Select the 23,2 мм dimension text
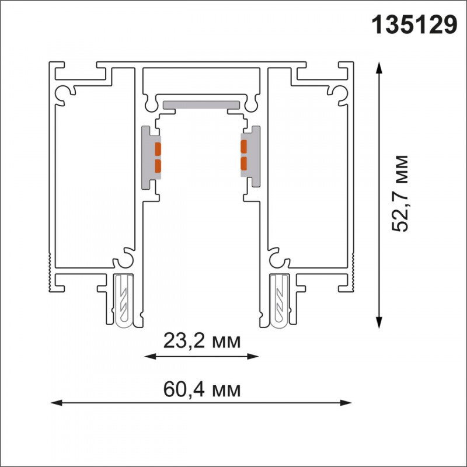click(x=201, y=340)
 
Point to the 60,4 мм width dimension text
click(x=201, y=388)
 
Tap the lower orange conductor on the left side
click(x=157, y=167)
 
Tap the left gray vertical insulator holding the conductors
click(x=147, y=158)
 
